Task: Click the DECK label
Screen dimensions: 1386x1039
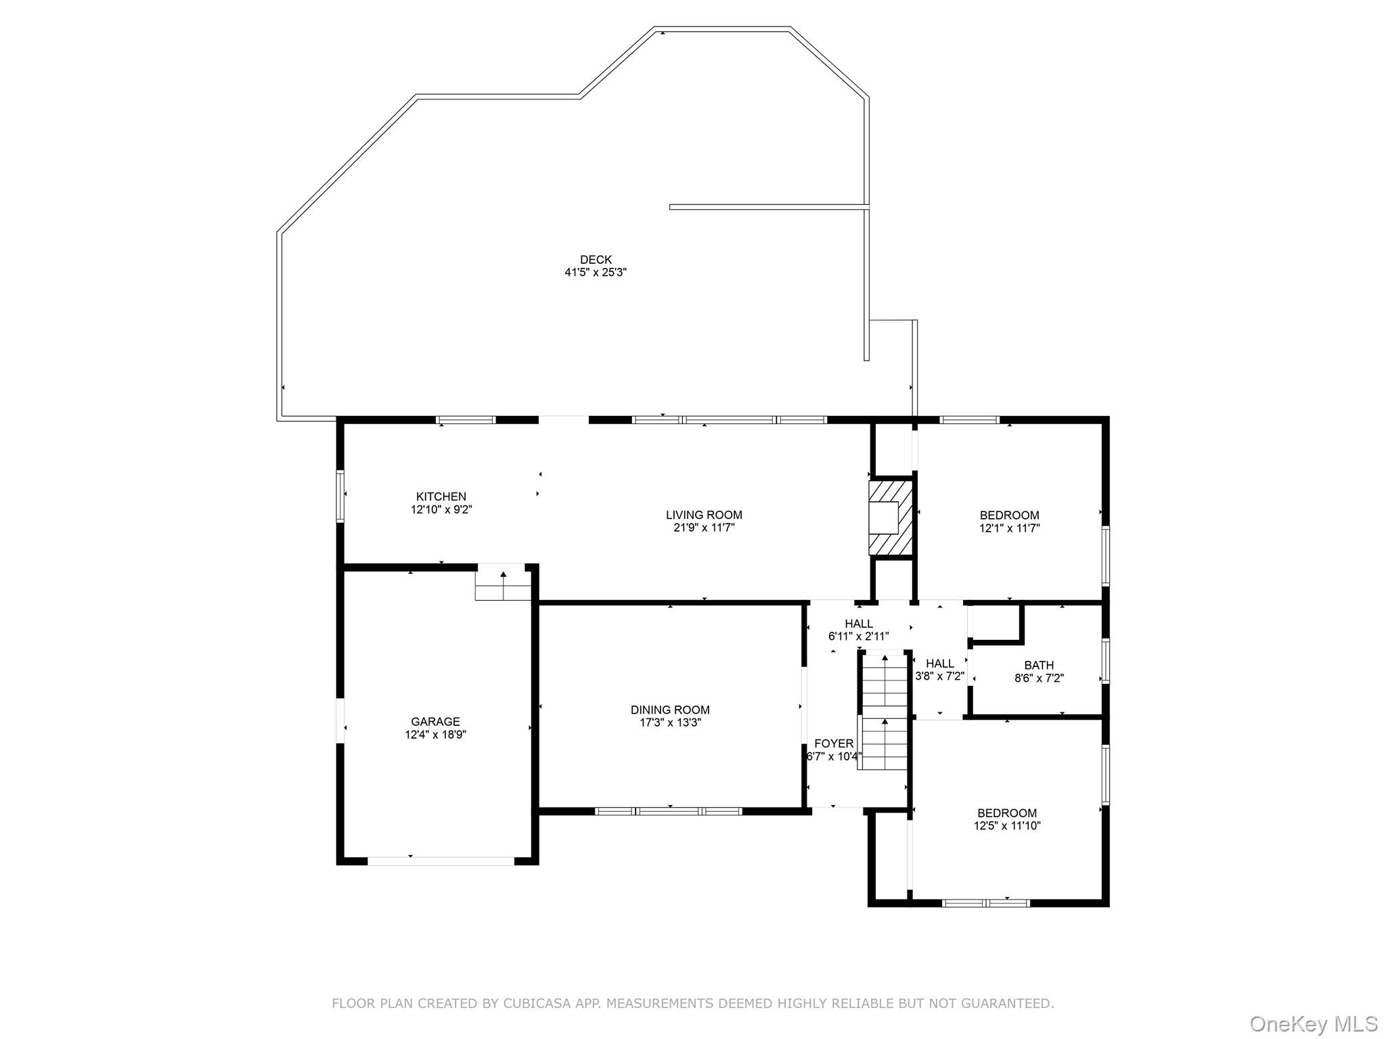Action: [x=596, y=260]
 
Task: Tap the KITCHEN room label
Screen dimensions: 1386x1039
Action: [x=441, y=497]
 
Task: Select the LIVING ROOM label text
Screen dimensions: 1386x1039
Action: [x=704, y=515]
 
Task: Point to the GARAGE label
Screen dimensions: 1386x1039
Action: [x=435, y=722]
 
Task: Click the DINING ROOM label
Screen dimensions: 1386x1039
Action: [x=670, y=710]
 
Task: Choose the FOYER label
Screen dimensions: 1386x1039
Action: [x=834, y=743]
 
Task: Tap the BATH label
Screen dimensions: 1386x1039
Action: [x=1039, y=666]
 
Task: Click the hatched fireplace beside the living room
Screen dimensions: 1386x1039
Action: [x=891, y=517]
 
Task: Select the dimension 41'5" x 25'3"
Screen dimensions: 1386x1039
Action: [x=596, y=273]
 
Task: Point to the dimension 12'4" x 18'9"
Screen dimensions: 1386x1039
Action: [x=435, y=735]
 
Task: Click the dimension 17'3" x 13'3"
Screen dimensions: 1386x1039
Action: [x=670, y=722]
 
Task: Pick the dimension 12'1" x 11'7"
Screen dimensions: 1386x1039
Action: [x=1009, y=528]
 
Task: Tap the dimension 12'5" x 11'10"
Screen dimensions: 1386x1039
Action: [x=1007, y=826]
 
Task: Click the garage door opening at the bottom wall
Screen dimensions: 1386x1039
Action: [x=441, y=861]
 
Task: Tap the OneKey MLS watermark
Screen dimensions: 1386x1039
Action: [x=1313, y=1024]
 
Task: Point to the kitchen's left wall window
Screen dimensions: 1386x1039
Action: [x=340, y=496]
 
